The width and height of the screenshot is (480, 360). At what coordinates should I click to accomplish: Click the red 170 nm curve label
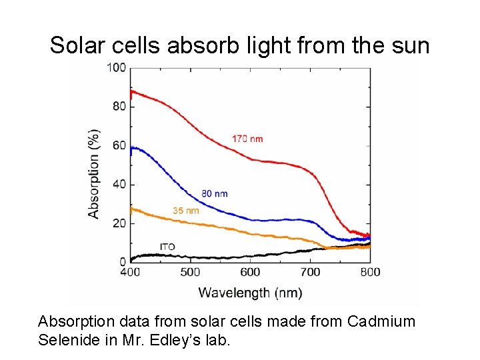tap(247, 139)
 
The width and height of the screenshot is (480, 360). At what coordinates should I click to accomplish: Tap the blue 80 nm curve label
tap(214, 193)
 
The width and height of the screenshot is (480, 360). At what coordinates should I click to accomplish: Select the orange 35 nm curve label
tap(186, 211)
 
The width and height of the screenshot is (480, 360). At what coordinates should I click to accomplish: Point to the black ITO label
tap(167, 247)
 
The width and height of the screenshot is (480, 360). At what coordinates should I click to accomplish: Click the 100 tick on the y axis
tap(118, 67)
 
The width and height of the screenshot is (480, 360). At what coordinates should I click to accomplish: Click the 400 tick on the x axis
tap(130, 272)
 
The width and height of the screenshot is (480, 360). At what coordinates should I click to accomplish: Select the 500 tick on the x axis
tap(190, 272)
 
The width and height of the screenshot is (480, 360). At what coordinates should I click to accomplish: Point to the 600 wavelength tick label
tap(250, 272)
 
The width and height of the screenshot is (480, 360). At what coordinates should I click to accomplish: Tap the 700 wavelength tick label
tap(310, 272)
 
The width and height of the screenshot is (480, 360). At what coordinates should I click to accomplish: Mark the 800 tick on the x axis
tap(370, 272)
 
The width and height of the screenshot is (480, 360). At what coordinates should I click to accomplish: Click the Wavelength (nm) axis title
tap(250, 292)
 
